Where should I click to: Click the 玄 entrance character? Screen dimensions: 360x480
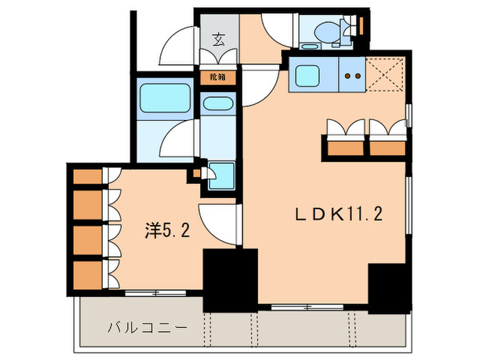218,39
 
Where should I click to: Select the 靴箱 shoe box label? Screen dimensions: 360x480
217,77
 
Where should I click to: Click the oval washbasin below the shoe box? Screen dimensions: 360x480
218,105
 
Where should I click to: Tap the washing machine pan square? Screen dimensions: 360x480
221,175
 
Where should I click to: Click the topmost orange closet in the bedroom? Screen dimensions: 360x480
87,176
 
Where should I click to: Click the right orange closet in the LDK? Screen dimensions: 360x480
387,147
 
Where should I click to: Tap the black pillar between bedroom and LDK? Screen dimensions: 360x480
229,278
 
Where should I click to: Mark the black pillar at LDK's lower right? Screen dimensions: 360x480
389,289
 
